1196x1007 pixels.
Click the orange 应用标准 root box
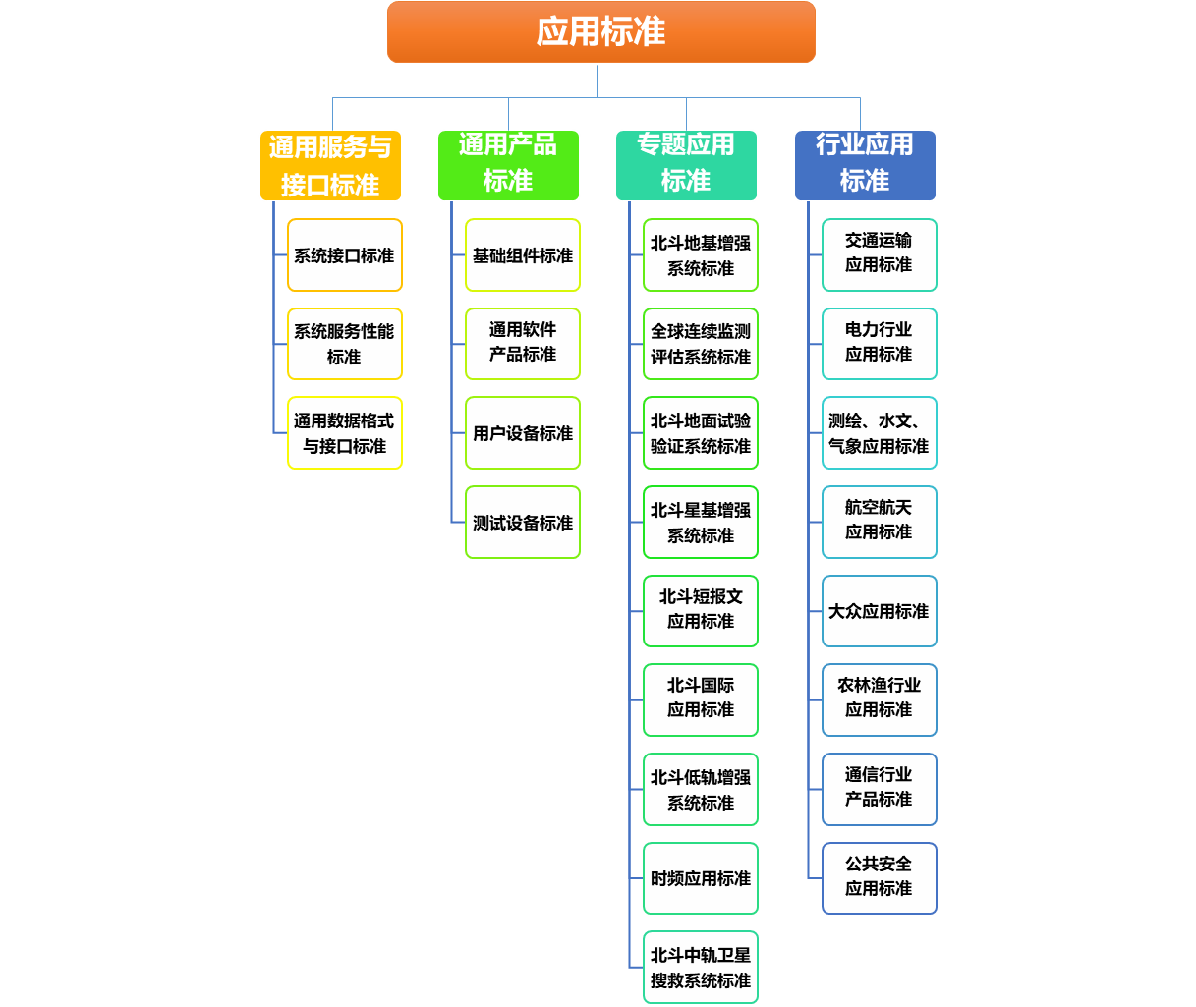(x=600, y=32)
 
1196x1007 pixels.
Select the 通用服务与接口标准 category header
(x=330, y=165)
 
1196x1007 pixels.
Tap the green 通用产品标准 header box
(x=508, y=165)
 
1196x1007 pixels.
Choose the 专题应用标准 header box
(x=686, y=165)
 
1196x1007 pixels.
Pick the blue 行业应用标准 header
(x=865, y=165)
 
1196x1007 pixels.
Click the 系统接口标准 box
(x=345, y=255)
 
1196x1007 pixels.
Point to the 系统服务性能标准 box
(x=345, y=344)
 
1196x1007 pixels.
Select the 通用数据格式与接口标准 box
(x=345, y=433)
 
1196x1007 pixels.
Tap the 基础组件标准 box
(x=523, y=255)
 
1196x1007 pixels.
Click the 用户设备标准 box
(x=523, y=433)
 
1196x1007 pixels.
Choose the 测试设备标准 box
(x=523, y=523)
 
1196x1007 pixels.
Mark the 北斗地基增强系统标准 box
(x=701, y=255)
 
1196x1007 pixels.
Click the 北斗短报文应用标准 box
(x=701, y=611)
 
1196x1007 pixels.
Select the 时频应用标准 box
(x=701, y=878)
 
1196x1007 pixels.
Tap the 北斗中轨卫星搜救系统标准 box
(x=701, y=968)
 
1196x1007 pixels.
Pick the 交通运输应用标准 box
(x=880, y=255)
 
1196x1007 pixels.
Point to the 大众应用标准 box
(x=880, y=611)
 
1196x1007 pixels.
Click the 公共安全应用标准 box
(x=880, y=878)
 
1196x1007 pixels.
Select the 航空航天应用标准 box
(x=880, y=523)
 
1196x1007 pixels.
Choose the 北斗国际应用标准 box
(x=701, y=700)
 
